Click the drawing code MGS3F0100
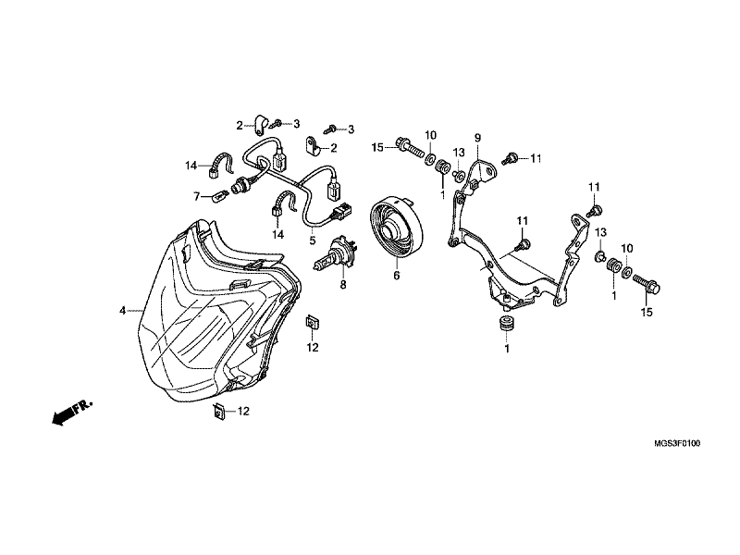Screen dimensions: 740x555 tap(677, 444)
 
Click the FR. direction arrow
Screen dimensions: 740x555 tap(72, 413)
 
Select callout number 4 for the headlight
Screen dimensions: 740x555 tap(123, 311)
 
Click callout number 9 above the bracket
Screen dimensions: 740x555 tap(477, 138)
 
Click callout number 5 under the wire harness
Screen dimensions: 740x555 tap(313, 240)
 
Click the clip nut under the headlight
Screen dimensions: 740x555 tap(218, 412)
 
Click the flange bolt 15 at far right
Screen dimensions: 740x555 tap(647, 283)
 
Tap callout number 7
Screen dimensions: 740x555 tap(197, 196)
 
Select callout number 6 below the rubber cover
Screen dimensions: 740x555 tap(397, 275)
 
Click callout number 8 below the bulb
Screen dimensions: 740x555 tap(343, 285)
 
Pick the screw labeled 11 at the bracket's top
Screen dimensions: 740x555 tap(510, 158)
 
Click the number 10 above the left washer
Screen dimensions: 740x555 tap(430, 135)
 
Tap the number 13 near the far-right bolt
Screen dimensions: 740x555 tap(600, 233)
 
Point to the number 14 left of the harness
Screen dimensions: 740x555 tap(191, 166)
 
